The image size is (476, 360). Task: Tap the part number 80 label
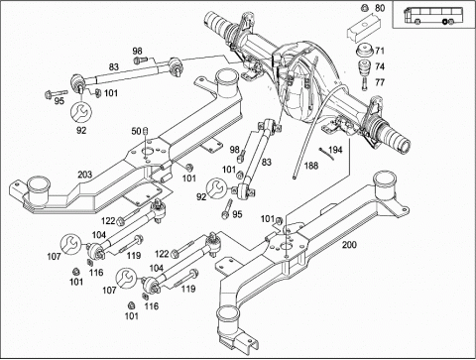click(x=381, y=9)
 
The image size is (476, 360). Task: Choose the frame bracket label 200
click(x=349, y=243)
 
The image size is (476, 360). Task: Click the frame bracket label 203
click(x=85, y=175)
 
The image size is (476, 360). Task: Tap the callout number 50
click(x=136, y=131)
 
